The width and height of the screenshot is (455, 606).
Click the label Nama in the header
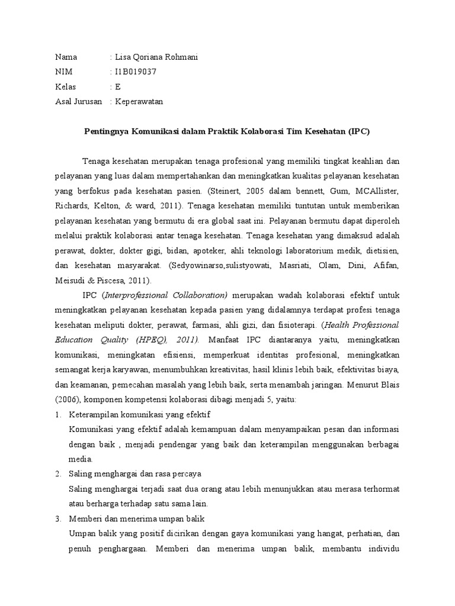click(x=66, y=57)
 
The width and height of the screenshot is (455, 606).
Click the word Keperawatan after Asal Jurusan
click(x=138, y=101)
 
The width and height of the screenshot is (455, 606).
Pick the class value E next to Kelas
click(x=117, y=86)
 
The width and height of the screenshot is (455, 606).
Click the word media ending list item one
click(x=81, y=459)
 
